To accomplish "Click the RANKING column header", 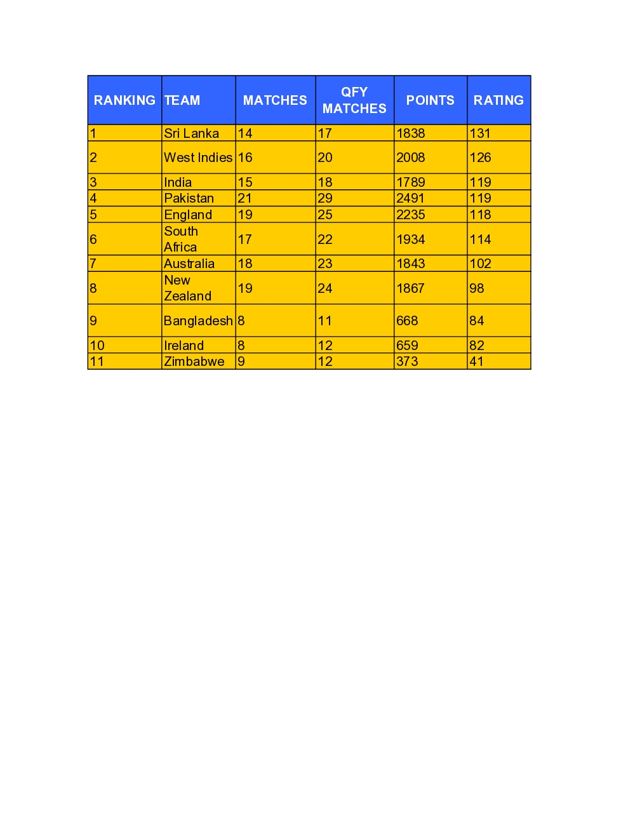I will tap(124, 100).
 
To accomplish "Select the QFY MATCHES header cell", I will tap(354, 100).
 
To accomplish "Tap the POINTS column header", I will tap(430, 100).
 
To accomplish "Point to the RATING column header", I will tap(498, 100).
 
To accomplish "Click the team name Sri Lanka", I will tap(191, 133).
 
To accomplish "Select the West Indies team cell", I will tap(198, 158).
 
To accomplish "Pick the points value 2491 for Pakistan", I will tap(410, 198).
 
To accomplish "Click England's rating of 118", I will tap(480, 215).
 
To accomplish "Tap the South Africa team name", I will tap(181, 239).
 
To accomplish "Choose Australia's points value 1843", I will tap(410, 264).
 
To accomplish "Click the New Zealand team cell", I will tap(187, 288).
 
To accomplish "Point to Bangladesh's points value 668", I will tap(407, 321).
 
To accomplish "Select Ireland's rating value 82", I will tap(476, 346).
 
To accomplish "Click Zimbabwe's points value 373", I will tap(407, 361).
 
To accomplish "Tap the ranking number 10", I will tap(97, 346).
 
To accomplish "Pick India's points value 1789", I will tap(410, 182).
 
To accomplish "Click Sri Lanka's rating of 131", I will tap(480, 133).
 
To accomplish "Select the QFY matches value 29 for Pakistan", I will tap(324, 198).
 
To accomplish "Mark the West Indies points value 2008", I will tap(410, 158).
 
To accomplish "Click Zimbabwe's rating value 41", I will tap(476, 361).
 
